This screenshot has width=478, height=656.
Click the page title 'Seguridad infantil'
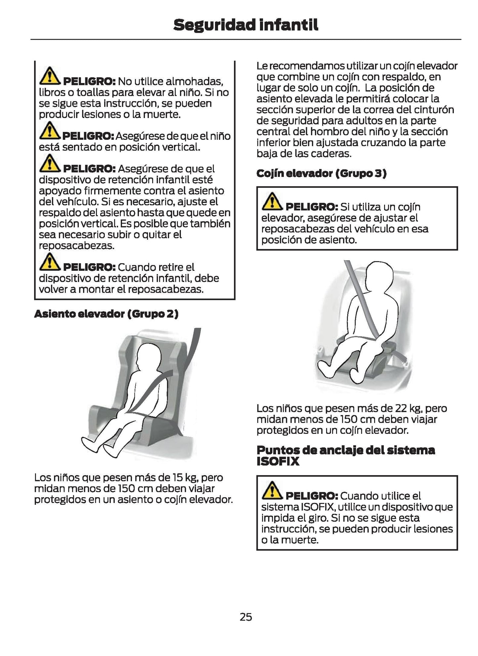tap(246, 25)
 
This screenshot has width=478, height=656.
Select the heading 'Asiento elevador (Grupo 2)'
tap(106, 314)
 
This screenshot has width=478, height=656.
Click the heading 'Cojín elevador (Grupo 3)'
tap(321, 173)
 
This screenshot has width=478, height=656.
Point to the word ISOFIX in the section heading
tap(278, 462)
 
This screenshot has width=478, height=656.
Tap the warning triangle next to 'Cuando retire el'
tap(50, 261)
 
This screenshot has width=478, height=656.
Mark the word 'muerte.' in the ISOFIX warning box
tap(299, 540)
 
